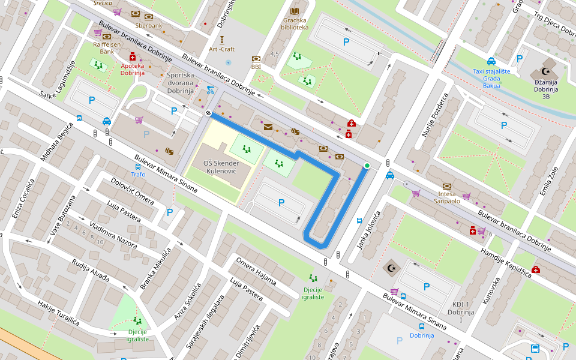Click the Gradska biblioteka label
pos(295,23)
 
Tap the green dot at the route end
pos(367,166)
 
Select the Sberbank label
pos(149,26)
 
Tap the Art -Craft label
pos(222,49)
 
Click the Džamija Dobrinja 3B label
pos(546,89)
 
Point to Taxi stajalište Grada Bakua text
pos(491,78)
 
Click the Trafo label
pos(138,175)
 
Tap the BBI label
pos(256,67)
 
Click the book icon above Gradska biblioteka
pos(294,11)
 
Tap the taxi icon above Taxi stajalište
pos(491,61)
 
